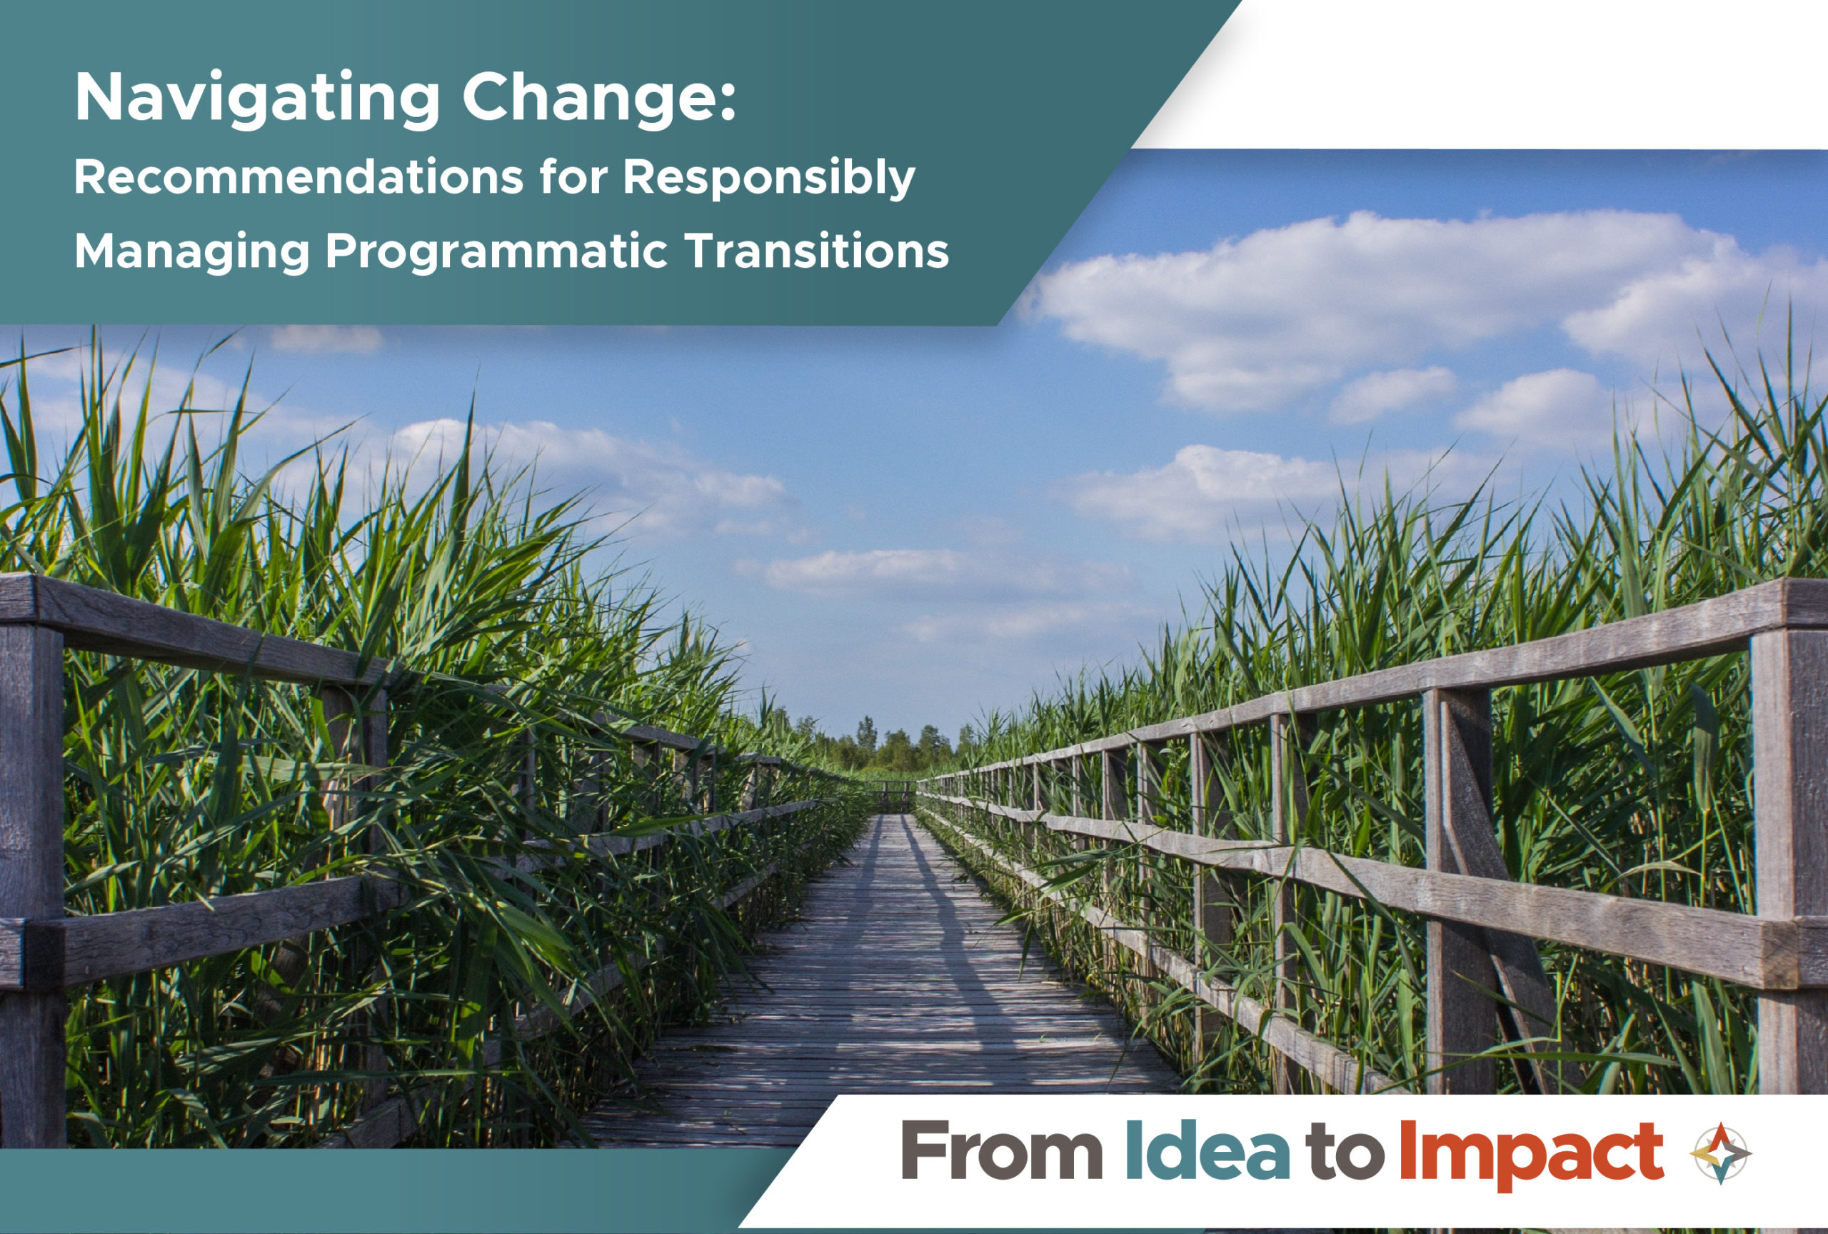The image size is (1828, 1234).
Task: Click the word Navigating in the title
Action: [256, 98]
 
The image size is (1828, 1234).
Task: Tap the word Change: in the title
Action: [598, 98]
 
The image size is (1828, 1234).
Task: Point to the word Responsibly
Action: [768, 178]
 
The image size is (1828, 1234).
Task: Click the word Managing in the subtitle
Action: [192, 251]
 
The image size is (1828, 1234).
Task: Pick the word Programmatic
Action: [496, 251]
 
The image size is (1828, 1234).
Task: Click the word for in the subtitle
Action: [573, 176]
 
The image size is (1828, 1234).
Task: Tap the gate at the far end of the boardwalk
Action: [897, 796]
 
